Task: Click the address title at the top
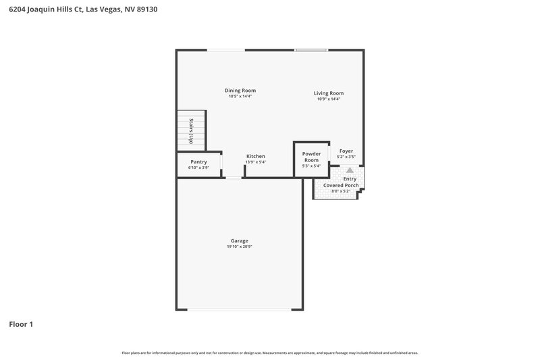point(84,10)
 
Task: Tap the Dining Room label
point(240,91)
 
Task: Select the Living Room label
point(329,93)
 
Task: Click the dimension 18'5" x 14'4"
point(240,97)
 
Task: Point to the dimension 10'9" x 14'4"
point(329,99)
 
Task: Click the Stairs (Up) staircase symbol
point(191,130)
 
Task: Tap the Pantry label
point(198,161)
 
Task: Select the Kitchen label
point(256,156)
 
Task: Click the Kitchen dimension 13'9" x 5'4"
point(256,162)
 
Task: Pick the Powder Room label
point(311,157)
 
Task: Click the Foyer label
point(346,151)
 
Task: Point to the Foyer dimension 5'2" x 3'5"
point(346,157)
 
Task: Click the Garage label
point(240,240)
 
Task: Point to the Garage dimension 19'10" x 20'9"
point(240,247)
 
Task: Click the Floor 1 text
point(21,324)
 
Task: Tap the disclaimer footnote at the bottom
point(270,353)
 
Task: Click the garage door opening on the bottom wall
point(240,310)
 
